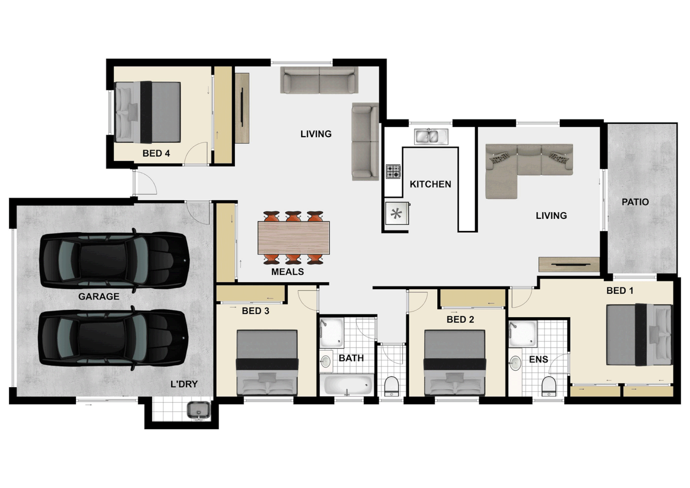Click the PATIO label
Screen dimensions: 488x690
coord(635,202)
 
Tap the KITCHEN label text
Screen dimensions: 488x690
coord(430,184)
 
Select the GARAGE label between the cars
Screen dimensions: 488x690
coord(99,296)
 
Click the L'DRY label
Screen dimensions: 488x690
coord(184,384)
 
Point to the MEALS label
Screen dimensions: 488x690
coord(287,272)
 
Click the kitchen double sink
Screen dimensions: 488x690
coord(431,136)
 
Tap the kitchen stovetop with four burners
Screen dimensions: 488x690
coord(393,172)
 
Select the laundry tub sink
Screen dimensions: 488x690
coord(198,410)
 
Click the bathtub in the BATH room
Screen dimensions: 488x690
coord(348,385)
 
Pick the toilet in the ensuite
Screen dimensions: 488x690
coord(548,386)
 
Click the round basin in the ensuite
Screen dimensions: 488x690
coord(515,363)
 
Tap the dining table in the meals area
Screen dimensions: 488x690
coord(294,238)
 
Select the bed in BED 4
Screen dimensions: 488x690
coord(148,112)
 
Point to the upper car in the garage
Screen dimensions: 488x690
coord(113,261)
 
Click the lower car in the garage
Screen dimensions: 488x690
coord(113,338)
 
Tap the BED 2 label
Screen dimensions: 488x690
coord(460,319)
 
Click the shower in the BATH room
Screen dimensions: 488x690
coord(332,332)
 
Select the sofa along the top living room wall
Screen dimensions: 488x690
coord(319,80)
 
